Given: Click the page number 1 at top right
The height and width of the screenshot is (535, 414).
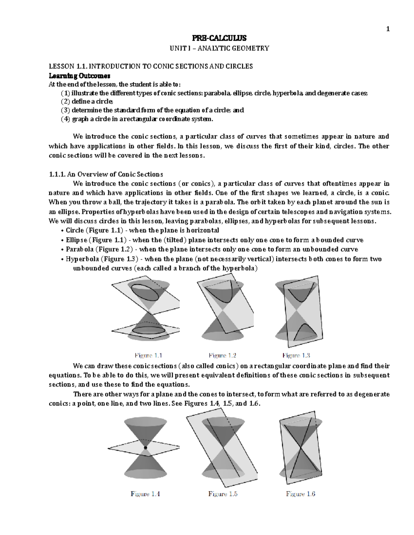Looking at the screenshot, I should point(388,29).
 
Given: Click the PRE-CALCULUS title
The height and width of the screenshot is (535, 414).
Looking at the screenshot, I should point(219,38).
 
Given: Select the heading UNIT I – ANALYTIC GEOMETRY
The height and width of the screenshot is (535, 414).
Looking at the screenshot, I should point(219,48).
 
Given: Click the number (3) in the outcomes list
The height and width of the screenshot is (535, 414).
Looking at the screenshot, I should point(65,110).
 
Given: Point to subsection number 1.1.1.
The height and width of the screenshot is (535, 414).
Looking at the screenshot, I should point(57,174).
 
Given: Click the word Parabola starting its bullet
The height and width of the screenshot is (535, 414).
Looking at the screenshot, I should point(79,249).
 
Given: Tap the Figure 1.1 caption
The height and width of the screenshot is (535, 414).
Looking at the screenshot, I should point(148,356).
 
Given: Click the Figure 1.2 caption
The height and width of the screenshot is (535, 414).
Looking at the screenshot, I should point(222,356).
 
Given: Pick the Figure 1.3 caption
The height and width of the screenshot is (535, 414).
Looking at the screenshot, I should point(296,356).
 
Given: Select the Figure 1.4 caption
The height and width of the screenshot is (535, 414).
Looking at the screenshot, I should point(145,494).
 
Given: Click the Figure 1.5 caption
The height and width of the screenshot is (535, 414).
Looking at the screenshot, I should point(223,494).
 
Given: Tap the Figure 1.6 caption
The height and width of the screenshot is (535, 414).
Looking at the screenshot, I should point(300,494).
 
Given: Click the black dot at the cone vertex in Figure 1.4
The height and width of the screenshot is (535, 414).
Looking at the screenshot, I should point(145,447).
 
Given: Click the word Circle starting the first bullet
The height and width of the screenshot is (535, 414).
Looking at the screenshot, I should point(75,230).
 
